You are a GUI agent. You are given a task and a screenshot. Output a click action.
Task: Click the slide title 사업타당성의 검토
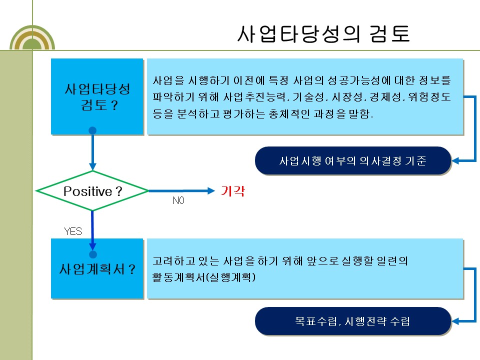pos(323,33)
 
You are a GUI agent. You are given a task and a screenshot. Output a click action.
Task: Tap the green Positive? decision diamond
pos(93,191)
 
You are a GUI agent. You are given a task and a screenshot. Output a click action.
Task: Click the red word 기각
pos(233,191)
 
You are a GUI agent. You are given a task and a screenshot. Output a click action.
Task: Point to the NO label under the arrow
pos(178,200)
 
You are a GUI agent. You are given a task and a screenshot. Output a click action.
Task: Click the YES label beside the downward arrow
pos(73,231)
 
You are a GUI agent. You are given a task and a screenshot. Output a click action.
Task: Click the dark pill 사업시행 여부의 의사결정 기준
pos(353,161)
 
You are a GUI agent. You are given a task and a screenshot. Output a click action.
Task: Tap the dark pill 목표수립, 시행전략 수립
pos(353,321)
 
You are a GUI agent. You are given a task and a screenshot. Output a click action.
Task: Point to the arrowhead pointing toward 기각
pos(209,190)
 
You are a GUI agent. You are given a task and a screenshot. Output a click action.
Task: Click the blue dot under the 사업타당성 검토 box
pos(92,131)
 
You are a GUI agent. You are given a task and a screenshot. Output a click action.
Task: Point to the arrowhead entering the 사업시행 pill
pos(456,161)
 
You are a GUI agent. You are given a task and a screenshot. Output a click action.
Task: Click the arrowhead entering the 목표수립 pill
pos(456,321)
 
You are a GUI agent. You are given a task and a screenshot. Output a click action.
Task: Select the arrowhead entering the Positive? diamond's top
pos(92,167)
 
